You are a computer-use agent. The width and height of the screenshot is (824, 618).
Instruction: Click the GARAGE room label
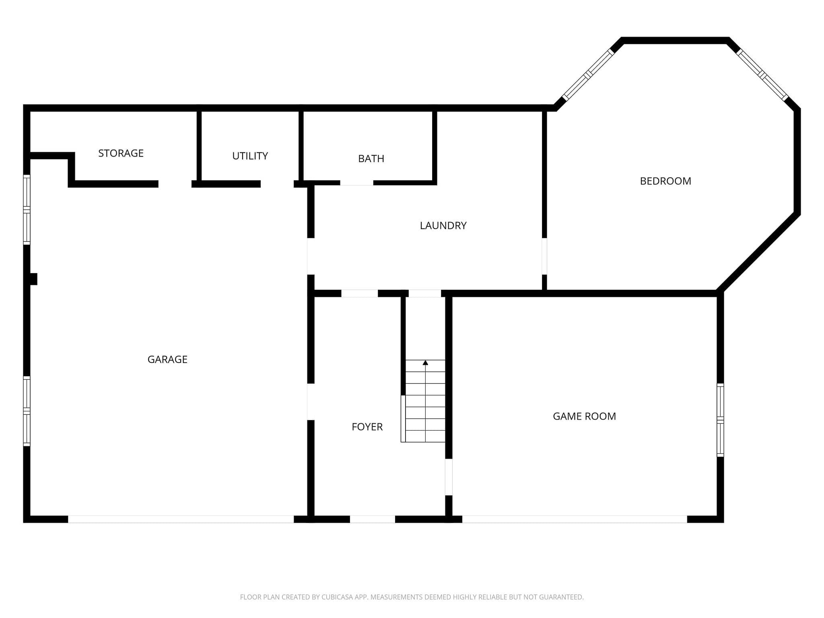click(167, 359)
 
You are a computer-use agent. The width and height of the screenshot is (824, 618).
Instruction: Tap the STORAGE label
click(121, 153)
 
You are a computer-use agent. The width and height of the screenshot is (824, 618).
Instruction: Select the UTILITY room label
click(250, 156)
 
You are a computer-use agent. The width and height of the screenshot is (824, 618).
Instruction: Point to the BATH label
click(371, 159)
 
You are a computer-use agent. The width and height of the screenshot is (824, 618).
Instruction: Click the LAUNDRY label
click(443, 226)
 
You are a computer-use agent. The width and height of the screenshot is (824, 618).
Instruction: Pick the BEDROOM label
click(665, 181)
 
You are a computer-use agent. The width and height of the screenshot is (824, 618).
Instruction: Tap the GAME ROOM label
click(584, 416)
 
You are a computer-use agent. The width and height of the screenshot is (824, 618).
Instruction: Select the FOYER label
click(367, 427)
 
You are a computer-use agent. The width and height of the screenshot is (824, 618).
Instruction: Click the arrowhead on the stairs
click(425, 363)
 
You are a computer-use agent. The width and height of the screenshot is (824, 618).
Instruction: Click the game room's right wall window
click(720, 420)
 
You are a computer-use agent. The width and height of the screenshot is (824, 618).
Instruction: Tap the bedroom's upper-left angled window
click(588, 74)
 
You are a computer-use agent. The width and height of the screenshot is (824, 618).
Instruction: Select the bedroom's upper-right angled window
click(762, 74)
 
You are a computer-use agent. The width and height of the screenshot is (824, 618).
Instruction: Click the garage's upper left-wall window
click(27, 210)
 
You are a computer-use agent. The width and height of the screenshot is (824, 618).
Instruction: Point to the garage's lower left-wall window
click(27, 411)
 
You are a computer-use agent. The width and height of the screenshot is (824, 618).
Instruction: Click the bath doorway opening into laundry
click(356, 183)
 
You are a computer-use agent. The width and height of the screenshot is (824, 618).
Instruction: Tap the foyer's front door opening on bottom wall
click(372, 519)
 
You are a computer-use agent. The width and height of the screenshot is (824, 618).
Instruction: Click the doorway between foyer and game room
click(449, 477)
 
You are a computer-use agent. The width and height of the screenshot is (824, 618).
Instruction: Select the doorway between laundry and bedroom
click(544, 256)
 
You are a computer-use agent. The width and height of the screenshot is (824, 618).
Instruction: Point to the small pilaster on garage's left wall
click(34, 279)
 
